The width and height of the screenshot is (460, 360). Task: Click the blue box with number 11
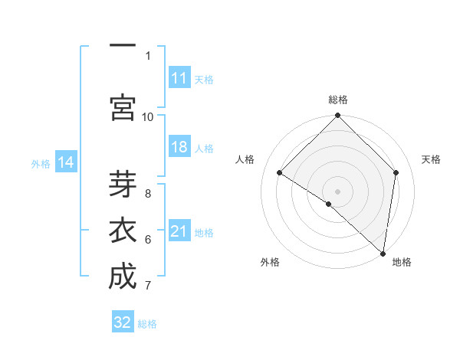point(179,78)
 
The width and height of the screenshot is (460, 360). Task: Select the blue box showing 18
point(179,148)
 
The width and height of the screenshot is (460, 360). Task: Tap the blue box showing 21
point(179,231)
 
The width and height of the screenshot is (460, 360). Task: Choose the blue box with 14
point(66,162)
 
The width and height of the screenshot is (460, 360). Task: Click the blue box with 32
point(123,322)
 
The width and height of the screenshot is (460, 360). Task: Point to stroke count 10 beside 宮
point(148,116)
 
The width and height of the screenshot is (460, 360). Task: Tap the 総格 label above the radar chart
point(338,100)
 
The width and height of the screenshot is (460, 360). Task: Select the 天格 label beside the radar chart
point(432,159)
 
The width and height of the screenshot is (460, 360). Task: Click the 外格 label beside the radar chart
point(270,263)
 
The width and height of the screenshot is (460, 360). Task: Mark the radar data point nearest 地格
point(383,253)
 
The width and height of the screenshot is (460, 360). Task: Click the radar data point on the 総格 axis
point(338,116)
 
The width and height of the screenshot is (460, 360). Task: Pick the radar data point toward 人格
point(280,173)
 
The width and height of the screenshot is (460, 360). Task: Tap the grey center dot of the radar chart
point(338,191)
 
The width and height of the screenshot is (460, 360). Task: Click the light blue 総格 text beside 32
point(148,324)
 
